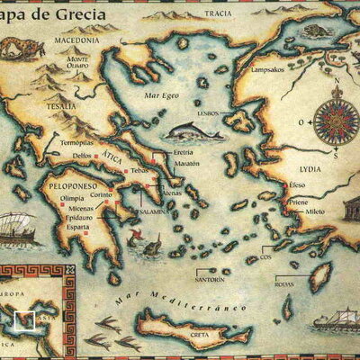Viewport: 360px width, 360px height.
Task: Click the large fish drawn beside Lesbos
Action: [x=193, y=132]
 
